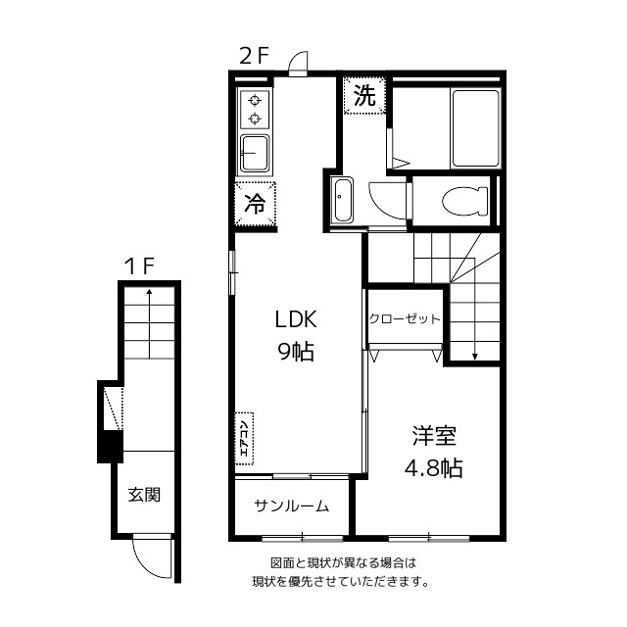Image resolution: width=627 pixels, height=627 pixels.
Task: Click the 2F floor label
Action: coord(254,56)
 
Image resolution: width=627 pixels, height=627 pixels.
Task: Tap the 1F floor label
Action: coord(139,265)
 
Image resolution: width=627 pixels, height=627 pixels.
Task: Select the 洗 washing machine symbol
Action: coord(364,96)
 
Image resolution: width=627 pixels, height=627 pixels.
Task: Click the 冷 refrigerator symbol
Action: coord(254,205)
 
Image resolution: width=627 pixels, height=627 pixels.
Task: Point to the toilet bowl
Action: coord(463,201)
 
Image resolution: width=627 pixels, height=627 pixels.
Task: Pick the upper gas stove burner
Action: coord(256,100)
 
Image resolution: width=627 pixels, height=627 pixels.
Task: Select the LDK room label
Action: coord(294,320)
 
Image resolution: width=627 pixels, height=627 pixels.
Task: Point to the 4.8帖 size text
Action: coord(434,468)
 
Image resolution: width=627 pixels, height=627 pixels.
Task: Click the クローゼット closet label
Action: coord(406,319)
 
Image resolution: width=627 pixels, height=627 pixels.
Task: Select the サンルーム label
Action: coord(291,506)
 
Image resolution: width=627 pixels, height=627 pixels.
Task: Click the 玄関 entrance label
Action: coord(144,495)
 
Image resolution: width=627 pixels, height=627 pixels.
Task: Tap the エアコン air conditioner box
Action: coord(244,436)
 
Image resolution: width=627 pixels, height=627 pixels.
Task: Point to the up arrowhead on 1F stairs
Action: coord(149,291)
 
